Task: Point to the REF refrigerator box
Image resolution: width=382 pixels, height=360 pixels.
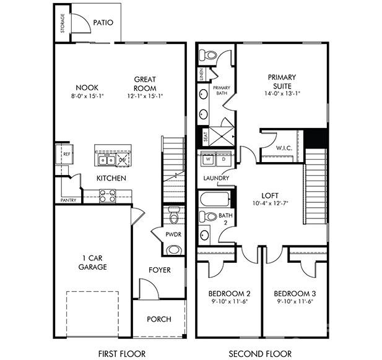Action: [65, 153]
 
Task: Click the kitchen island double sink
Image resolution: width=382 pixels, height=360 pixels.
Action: [106, 160]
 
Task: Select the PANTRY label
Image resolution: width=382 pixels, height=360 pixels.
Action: [69, 200]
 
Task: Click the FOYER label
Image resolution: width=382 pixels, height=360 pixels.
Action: [160, 270]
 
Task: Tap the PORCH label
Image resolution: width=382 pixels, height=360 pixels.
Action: [159, 319]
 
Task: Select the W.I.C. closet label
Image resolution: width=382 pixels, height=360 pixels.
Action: [285, 148]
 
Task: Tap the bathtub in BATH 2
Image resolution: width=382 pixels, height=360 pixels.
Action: [214, 199]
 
